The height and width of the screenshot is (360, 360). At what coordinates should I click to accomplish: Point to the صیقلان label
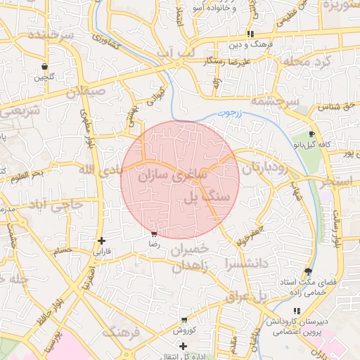[86, 91]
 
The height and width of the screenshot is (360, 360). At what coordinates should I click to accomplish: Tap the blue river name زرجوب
[229, 112]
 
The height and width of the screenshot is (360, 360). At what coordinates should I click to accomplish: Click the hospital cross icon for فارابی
[103, 240]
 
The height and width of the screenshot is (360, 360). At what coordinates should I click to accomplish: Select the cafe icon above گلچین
[45, 66]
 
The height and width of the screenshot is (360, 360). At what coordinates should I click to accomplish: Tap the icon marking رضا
[154, 233]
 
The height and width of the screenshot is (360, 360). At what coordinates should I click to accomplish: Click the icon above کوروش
[184, 320]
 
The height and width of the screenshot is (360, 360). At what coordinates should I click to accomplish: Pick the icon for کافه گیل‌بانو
[311, 134]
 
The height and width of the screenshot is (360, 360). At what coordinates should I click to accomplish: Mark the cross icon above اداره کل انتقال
[183, 346]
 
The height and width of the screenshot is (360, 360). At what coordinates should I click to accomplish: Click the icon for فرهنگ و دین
[250, 34]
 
